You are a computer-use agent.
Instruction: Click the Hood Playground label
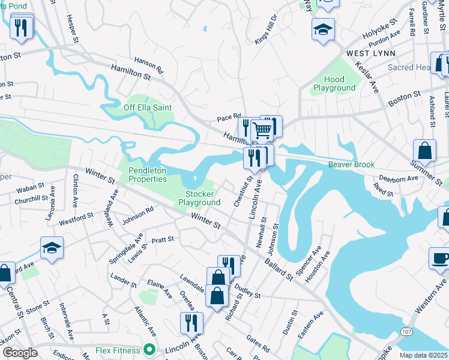tap(334, 83)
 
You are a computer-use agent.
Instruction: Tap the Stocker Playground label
tap(199, 199)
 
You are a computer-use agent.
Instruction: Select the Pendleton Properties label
tap(148, 175)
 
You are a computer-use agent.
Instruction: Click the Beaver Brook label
tap(351, 164)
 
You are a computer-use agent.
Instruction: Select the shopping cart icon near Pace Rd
tap(262, 129)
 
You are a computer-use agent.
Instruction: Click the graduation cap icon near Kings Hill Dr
tap(323, 29)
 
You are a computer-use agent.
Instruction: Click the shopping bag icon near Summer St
tap(424, 151)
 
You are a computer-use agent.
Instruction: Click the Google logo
tap(20, 353)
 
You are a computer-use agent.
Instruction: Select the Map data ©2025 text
tap(423, 355)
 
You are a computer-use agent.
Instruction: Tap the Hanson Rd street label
tap(149, 65)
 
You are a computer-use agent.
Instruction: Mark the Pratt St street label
tap(163, 239)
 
